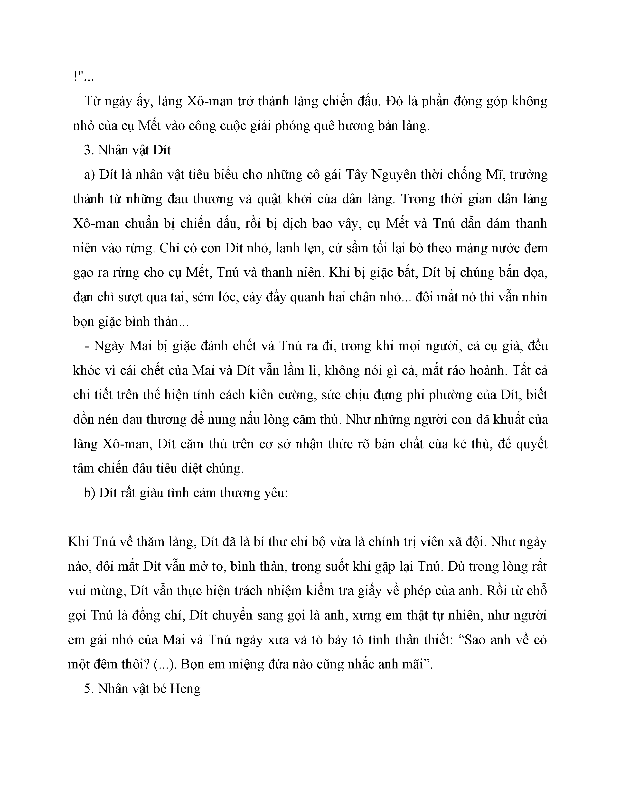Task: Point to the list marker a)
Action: click(x=90, y=175)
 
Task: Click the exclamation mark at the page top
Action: click(x=75, y=77)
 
